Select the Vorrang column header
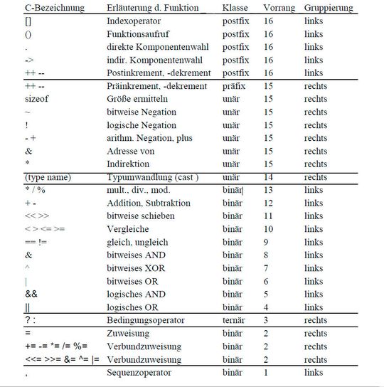coord(279,8)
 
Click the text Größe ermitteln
coord(137,99)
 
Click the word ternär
coord(235,321)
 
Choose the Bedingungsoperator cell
coord(145,321)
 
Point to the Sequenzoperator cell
coord(139,373)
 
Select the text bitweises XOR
coord(137,268)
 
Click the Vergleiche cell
coord(129,229)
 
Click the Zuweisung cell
coord(129,334)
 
